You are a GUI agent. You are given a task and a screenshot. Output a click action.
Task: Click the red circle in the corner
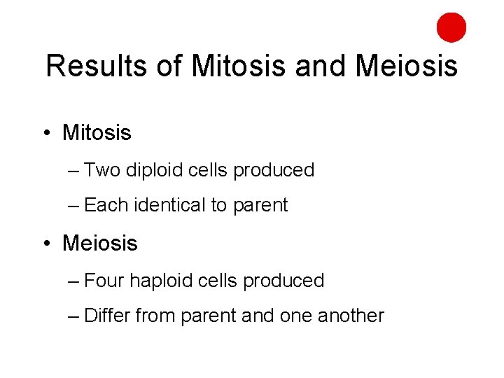click(451, 27)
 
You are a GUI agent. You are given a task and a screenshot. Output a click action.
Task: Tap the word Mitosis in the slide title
click(239, 66)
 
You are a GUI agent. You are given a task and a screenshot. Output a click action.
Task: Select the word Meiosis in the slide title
click(406, 66)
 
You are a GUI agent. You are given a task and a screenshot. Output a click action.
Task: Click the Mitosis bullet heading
click(97, 133)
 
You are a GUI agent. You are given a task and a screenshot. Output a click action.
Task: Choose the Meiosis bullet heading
click(100, 244)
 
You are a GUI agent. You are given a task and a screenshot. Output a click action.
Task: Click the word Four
click(104, 281)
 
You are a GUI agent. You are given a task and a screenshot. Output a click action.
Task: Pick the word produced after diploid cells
click(274, 170)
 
